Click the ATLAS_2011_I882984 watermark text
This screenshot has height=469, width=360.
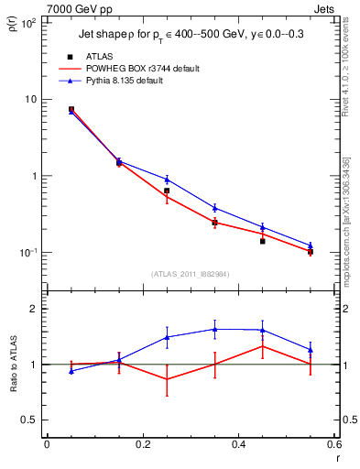click(x=191, y=273)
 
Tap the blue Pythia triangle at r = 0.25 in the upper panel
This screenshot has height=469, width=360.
click(x=166, y=180)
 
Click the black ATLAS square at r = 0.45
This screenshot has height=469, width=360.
click(x=262, y=241)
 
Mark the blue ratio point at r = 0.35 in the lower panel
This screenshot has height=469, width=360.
click(x=214, y=329)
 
